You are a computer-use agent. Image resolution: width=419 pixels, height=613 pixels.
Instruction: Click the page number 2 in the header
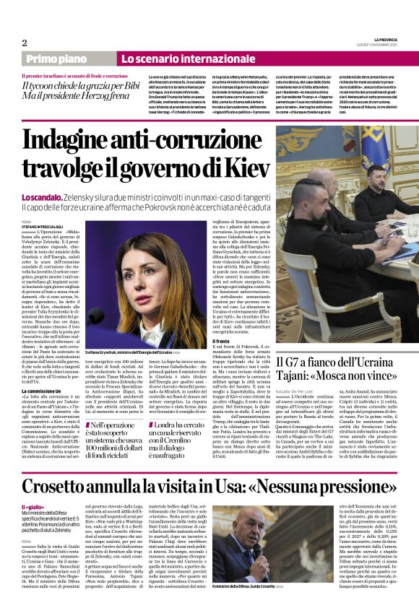[x=24, y=43]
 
